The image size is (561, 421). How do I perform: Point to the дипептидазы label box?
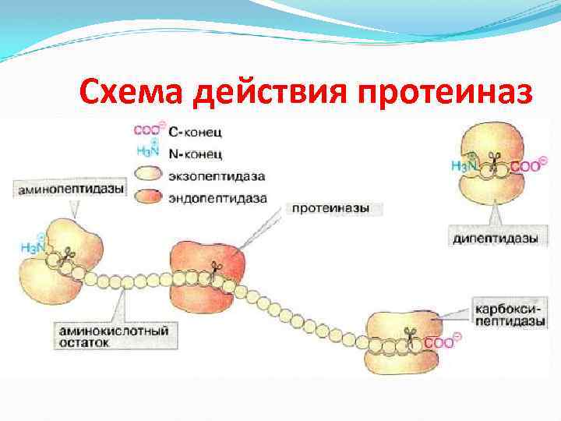[x=495, y=239]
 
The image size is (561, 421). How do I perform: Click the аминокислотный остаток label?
[x=113, y=337]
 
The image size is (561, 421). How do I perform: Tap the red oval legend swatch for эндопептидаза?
[x=150, y=198]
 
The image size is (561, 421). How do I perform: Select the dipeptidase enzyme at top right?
[x=492, y=164]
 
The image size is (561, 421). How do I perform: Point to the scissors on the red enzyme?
[x=214, y=269]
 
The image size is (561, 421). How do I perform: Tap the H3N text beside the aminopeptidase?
[x=32, y=247]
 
